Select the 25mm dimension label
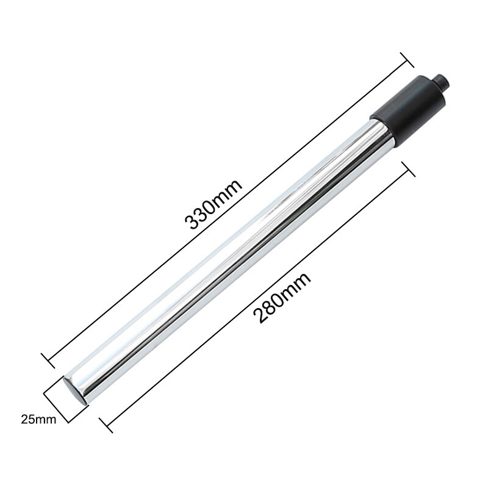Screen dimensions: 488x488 (x=37, y=420)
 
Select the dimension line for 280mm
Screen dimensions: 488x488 (x=256, y=293)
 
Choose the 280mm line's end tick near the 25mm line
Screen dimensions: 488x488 (x=101, y=420)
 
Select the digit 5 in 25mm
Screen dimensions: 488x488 (x=30, y=420)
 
